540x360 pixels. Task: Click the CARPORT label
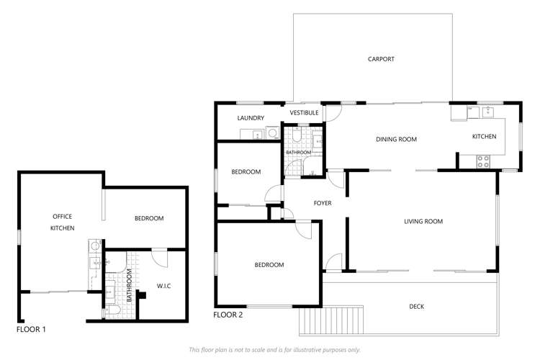click(381, 59)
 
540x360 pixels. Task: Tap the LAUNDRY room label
click(251, 118)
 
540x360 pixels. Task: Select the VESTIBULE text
click(304, 113)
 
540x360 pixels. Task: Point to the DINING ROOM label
click(396, 140)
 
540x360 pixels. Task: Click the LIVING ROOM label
click(423, 222)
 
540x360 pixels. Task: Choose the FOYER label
click(323, 203)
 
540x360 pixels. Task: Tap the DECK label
click(416, 307)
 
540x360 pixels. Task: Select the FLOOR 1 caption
click(31, 330)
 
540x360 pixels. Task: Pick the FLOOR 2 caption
click(228, 315)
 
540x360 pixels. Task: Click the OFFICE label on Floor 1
click(62, 216)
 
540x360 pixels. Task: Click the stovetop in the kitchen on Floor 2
click(482, 161)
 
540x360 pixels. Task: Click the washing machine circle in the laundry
click(272, 132)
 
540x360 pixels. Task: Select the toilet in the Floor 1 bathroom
click(114, 310)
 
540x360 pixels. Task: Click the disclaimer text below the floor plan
click(274, 349)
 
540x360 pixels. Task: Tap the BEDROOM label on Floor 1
click(149, 218)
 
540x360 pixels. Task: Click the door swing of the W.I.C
click(161, 259)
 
